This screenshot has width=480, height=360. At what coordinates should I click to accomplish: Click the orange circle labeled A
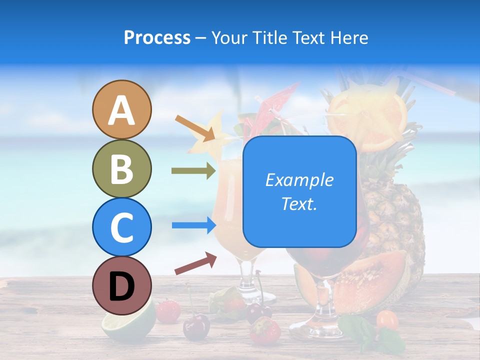(x=121, y=110)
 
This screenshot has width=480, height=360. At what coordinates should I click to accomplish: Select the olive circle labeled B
(x=121, y=168)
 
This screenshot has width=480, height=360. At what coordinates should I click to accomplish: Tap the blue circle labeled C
(x=121, y=227)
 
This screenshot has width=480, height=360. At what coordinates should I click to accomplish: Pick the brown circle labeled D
(x=121, y=285)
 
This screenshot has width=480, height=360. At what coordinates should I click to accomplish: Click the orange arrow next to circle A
(x=195, y=127)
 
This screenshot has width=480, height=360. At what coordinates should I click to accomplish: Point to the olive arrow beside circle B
(x=193, y=171)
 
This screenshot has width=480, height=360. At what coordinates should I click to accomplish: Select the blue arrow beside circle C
(x=193, y=225)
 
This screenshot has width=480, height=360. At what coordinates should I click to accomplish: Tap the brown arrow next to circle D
(x=195, y=263)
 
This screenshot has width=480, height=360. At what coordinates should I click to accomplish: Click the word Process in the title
(x=157, y=37)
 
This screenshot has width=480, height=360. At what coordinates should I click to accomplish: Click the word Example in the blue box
(x=299, y=180)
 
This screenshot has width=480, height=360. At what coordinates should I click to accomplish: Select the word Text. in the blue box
(x=299, y=203)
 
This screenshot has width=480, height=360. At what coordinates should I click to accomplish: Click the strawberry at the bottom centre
(x=264, y=330)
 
